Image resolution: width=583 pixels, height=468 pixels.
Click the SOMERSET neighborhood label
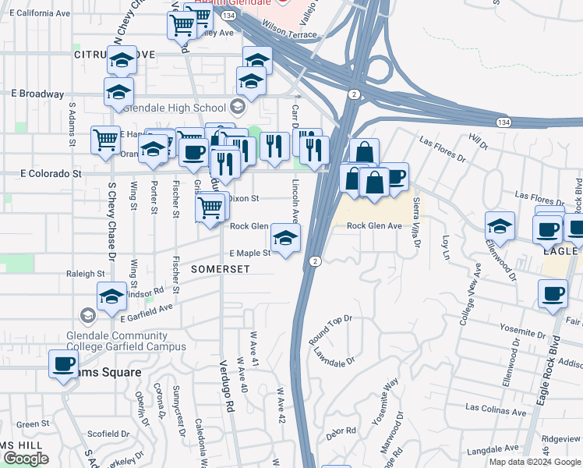point(220,268)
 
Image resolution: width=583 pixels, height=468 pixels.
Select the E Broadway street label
point(37,94)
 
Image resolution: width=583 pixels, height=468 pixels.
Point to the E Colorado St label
point(51,173)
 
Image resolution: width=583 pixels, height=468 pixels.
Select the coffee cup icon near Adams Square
point(64,363)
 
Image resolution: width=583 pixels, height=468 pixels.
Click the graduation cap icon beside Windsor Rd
point(111,296)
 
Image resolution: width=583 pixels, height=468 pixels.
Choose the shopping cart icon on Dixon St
point(210,207)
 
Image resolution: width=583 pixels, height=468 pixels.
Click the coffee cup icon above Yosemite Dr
point(553,294)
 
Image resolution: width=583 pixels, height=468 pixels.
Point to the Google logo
point(26,459)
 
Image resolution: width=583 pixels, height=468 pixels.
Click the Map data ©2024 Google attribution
point(535,461)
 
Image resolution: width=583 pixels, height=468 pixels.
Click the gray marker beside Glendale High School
point(237,108)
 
